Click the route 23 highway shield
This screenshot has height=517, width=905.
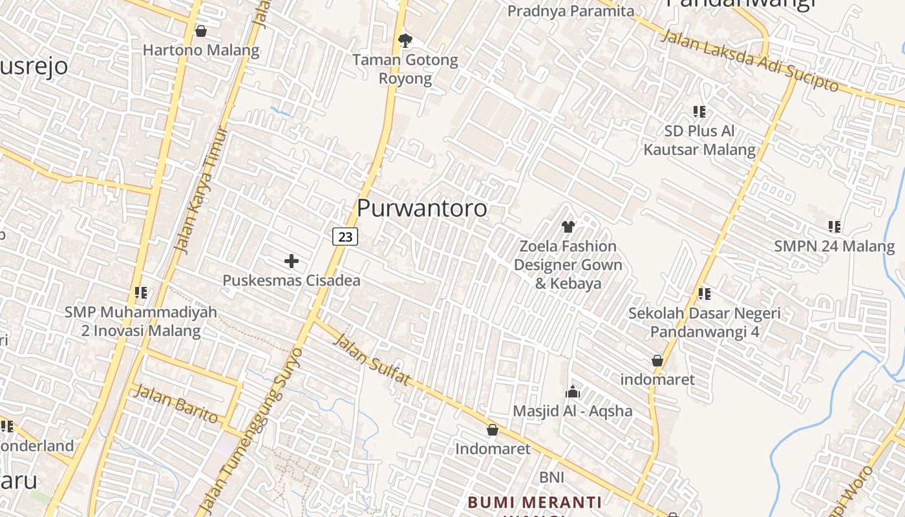point(345,237)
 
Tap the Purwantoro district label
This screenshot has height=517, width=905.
point(421,208)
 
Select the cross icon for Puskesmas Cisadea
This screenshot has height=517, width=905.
point(292,261)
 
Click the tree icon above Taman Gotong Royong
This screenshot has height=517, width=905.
point(405,41)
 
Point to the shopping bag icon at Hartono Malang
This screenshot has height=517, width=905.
point(201,31)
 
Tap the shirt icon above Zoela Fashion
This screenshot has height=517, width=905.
point(568,226)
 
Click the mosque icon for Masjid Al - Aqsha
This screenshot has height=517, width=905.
point(573,392)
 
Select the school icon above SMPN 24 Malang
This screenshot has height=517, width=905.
point(835,227)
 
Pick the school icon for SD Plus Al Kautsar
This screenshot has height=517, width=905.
point(699,112)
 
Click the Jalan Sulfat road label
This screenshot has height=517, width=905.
point(372,359)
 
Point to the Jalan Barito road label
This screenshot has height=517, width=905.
point(175,403)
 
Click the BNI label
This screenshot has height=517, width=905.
point(552,477)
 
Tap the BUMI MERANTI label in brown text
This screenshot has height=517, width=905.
point(535,502)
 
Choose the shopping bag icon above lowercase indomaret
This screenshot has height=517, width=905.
point(657,361)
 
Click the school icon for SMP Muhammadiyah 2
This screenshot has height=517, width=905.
point(141,293)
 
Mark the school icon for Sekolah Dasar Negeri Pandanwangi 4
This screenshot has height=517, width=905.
point(705,294)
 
